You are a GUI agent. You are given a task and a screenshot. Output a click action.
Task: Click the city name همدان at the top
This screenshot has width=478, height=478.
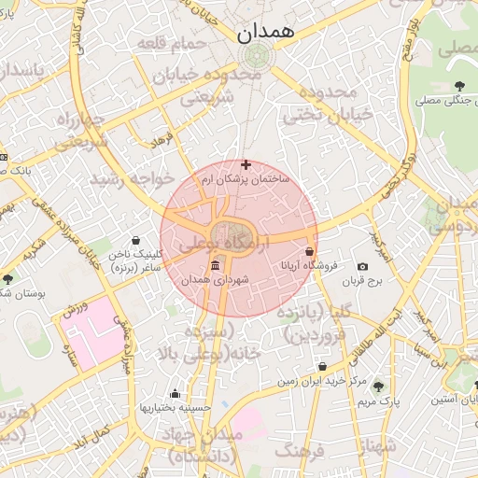click(265, 34)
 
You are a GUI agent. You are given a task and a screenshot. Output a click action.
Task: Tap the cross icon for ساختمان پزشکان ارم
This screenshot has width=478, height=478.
click(246, 164)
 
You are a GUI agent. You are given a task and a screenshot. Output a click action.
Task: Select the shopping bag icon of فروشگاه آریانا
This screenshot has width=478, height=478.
click(310, 251)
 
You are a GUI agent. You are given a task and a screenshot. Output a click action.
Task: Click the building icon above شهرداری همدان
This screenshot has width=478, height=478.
click(216, 265)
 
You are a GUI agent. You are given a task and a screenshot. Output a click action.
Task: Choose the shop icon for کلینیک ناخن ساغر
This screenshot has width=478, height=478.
click(136, 240)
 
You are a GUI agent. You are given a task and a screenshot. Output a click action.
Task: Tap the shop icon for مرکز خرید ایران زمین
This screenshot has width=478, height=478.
click(322, 367)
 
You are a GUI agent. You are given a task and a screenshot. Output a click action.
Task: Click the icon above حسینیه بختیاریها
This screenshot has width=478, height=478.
click(175, 393)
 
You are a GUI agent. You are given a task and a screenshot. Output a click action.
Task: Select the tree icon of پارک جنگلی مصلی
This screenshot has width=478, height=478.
click(458, 86)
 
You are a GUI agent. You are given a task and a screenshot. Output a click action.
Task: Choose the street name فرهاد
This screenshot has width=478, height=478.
click(163, 143)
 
